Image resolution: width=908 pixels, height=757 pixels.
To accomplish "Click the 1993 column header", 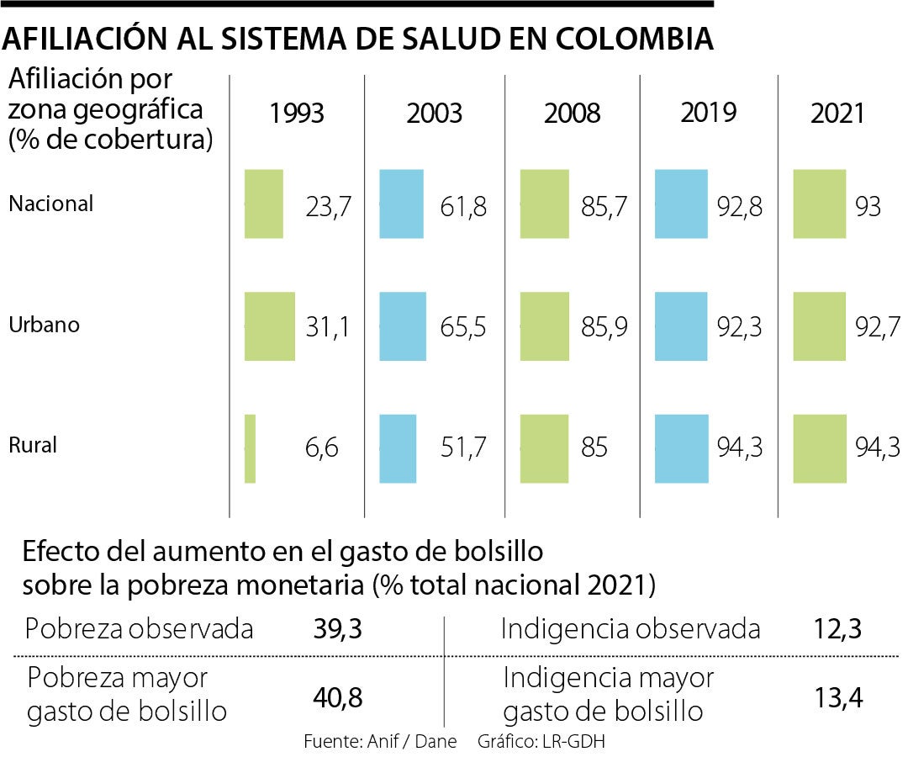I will point(297,113).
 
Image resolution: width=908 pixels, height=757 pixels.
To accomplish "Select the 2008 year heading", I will point(572,113).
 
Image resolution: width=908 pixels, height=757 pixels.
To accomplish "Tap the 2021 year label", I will point(837,113).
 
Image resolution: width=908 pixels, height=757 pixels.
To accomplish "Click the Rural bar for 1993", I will point(250,448).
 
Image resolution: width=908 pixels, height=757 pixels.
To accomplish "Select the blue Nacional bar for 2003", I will point(402,204).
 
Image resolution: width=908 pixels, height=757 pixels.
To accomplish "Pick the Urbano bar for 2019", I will point(681,326).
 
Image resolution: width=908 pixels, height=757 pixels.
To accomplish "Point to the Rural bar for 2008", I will point(544,448).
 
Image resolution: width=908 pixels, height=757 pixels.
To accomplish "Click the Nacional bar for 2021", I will point(819,204).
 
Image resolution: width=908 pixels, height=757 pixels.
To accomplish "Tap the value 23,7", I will point(328,206).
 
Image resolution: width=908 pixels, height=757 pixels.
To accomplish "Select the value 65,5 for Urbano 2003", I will point(463,327).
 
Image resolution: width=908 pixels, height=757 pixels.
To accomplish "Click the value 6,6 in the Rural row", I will point(322,448).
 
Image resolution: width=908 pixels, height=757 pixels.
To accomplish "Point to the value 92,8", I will point(739,206).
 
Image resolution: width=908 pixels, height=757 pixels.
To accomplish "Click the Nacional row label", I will point(51,204).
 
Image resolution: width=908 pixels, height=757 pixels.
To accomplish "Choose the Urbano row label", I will point(44,325).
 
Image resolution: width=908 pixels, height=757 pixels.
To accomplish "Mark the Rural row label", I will point(33,445).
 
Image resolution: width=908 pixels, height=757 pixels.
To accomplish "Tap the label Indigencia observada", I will point(631,629).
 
